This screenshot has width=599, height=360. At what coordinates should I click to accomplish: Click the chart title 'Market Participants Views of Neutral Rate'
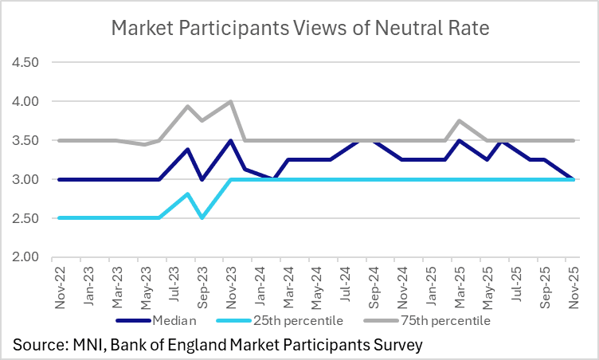click(299, 29)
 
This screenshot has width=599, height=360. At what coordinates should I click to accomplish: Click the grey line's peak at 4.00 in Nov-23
click(230, 101)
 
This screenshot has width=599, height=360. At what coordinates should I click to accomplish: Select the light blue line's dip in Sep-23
click(202, 217)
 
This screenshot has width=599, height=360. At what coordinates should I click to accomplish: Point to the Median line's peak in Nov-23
click(230, 141)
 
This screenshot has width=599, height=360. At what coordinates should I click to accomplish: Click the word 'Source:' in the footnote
click(41, 344)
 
